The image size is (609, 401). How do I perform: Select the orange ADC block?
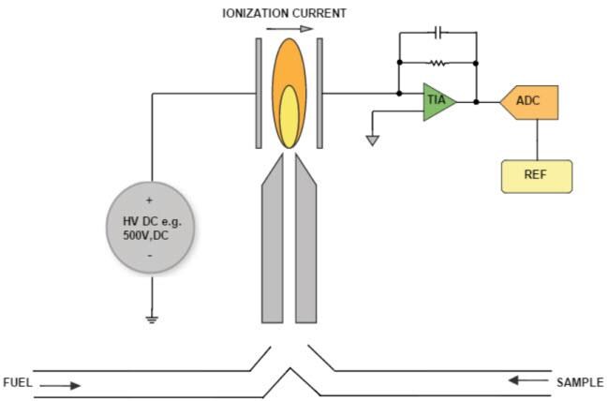(x=530, y=101)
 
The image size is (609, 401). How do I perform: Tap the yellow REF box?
(x=536, y=176)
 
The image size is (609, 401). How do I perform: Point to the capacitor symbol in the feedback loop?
(x=438, y=33)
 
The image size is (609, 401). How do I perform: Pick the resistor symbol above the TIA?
(x=438, y=64)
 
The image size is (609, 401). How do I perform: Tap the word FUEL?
(x=19, y=383)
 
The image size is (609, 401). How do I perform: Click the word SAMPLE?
(x=580, y=382)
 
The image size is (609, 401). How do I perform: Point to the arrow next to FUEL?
(x=60, y=384)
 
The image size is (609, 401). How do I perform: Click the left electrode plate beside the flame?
(x=259, y=94)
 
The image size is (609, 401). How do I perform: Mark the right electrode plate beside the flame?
(x=319, y=94)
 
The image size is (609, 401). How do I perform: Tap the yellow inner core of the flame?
(x=290, y=117)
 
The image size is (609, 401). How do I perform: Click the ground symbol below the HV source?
(x=152, y=319)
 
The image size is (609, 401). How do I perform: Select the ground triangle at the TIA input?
(x=373, y=141)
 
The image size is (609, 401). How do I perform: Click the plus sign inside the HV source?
(x=149, y=200)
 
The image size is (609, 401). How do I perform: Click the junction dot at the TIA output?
(x=477, y=101)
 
